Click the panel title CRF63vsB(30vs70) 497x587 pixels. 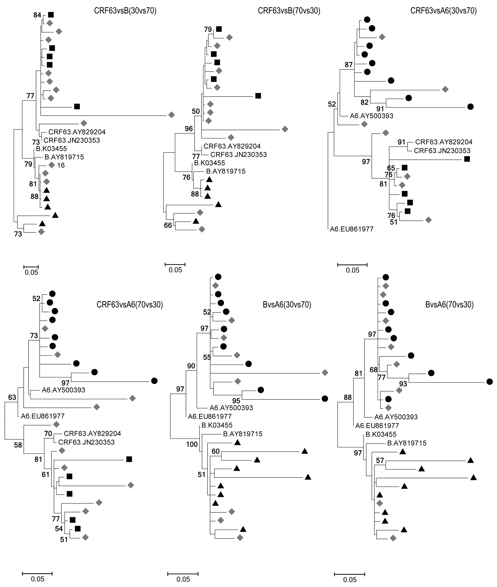pos(125,11)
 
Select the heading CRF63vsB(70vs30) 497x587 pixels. pos(289,11)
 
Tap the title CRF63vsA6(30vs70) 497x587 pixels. pos(443,11)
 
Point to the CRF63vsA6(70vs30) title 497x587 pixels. pos(129,305)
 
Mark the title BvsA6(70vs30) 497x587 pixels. pos(449,305)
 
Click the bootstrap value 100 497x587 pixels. pos(192,444)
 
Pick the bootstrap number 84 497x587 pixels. pos(37,15)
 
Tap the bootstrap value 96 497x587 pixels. pos(189,129)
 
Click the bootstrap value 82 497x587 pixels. pos(365,102)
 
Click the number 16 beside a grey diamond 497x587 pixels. pos(61,166)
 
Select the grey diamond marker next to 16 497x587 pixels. pos(51,165)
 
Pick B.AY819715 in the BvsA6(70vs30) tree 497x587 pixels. pos(407,443)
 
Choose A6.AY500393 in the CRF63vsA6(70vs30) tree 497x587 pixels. pos(63,390)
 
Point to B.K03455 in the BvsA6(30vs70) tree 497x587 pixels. pos(217,425)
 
